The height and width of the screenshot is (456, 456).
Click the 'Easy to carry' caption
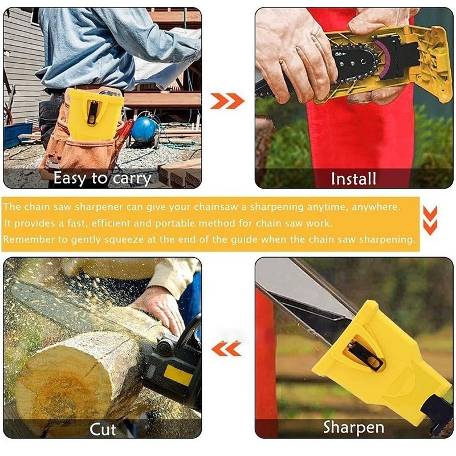[x=102, y=178]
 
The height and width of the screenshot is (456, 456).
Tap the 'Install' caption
[x=353, y=179]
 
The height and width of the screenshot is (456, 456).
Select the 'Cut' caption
[x=103, y=429]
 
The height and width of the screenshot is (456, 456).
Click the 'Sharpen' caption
[x=353, y=427]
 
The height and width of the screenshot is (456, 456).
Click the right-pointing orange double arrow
[x=227, y=101]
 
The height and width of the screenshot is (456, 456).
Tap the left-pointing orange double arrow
[x=227, y=348]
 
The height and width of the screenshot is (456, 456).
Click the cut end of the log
[x=57, y=376]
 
